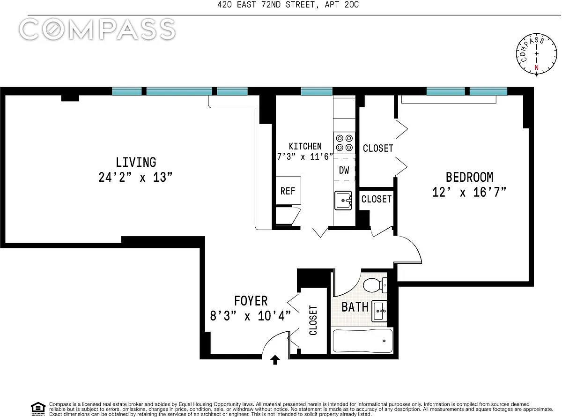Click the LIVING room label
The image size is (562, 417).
[x=136, y=162]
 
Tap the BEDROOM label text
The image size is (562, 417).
[x=469, y=177]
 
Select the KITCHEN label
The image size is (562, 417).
[x=305, y=146]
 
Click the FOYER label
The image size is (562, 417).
[x=251, y=301]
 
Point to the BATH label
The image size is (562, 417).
[x=355, y=307]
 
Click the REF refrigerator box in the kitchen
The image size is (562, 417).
[x=288, y=190]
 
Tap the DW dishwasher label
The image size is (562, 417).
[x=344, y=170]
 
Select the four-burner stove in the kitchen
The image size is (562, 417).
[x=344, y=142]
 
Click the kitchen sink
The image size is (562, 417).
[x=343, y=201]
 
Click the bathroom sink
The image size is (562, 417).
[x=379, y=311]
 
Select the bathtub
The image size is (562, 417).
[x=362, y=341]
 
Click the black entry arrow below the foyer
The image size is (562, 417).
[x=275, y=360]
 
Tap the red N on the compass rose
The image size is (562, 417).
[x=536, y=67]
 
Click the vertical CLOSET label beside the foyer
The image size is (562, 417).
[x=313, y=320]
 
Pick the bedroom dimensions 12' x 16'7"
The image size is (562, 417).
[x=469, y=192]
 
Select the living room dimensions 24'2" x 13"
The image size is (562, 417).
[x=135, y=177]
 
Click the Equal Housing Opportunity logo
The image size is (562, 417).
[x=38, y=409]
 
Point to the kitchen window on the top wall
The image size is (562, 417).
[x=317, y=91]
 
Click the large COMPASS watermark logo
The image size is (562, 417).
[x=97, y=29]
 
